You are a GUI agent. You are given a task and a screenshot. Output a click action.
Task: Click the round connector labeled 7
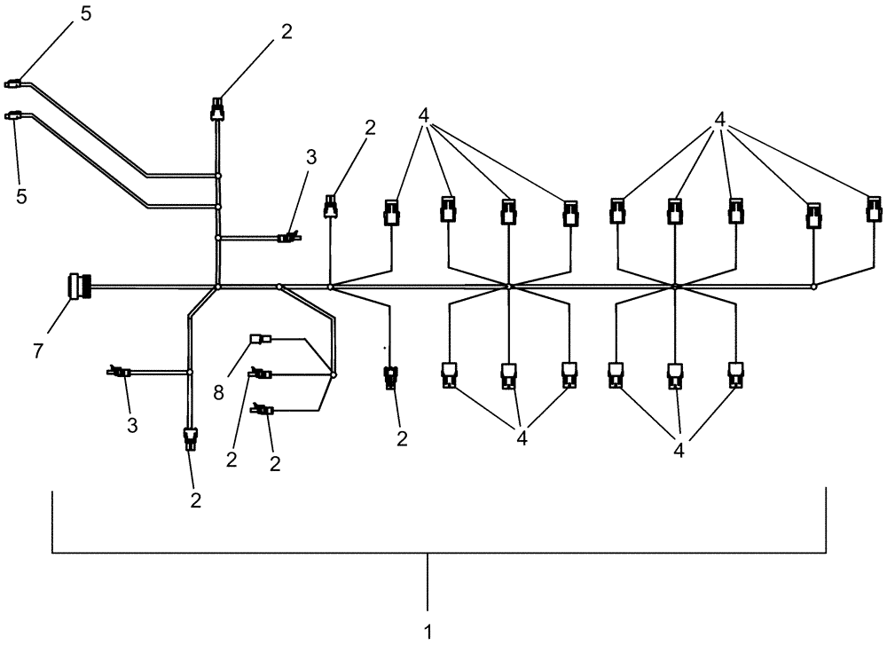[75, 287]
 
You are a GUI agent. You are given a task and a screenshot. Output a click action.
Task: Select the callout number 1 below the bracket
[429, 633]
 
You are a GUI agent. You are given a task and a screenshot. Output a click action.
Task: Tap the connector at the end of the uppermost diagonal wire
[13, 85]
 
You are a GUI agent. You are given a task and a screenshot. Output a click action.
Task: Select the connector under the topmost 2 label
[217, 110]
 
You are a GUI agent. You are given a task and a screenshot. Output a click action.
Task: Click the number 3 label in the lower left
[131, 425]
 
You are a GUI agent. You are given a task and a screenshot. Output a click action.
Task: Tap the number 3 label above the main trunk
[310, 158]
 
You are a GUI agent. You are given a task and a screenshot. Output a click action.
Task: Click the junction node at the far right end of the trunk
[814, 287]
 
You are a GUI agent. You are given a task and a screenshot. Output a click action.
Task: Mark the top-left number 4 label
[425, 115]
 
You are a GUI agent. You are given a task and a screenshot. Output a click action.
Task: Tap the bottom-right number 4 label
[679, 450]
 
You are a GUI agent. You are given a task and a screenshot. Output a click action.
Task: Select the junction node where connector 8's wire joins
[334, 375]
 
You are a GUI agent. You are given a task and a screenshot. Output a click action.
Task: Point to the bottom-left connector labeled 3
[120, 372]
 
